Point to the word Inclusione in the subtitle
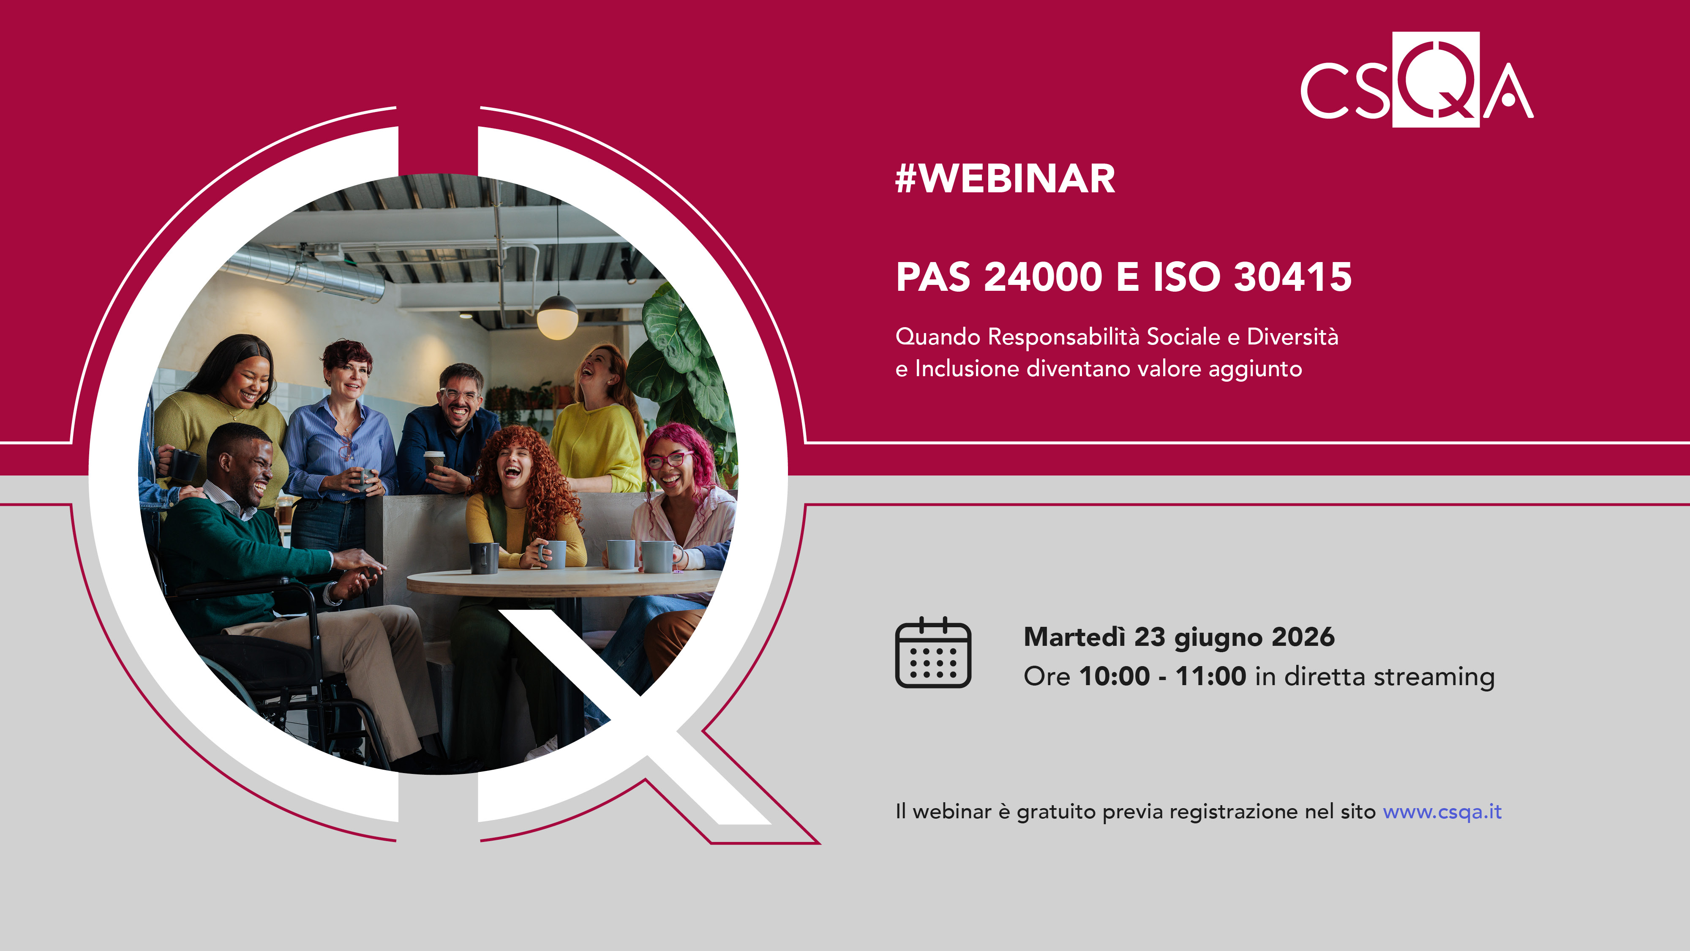point(967,369)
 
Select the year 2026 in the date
point(1302,637)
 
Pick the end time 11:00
point(1210,677)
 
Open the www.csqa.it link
point(1442,812)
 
